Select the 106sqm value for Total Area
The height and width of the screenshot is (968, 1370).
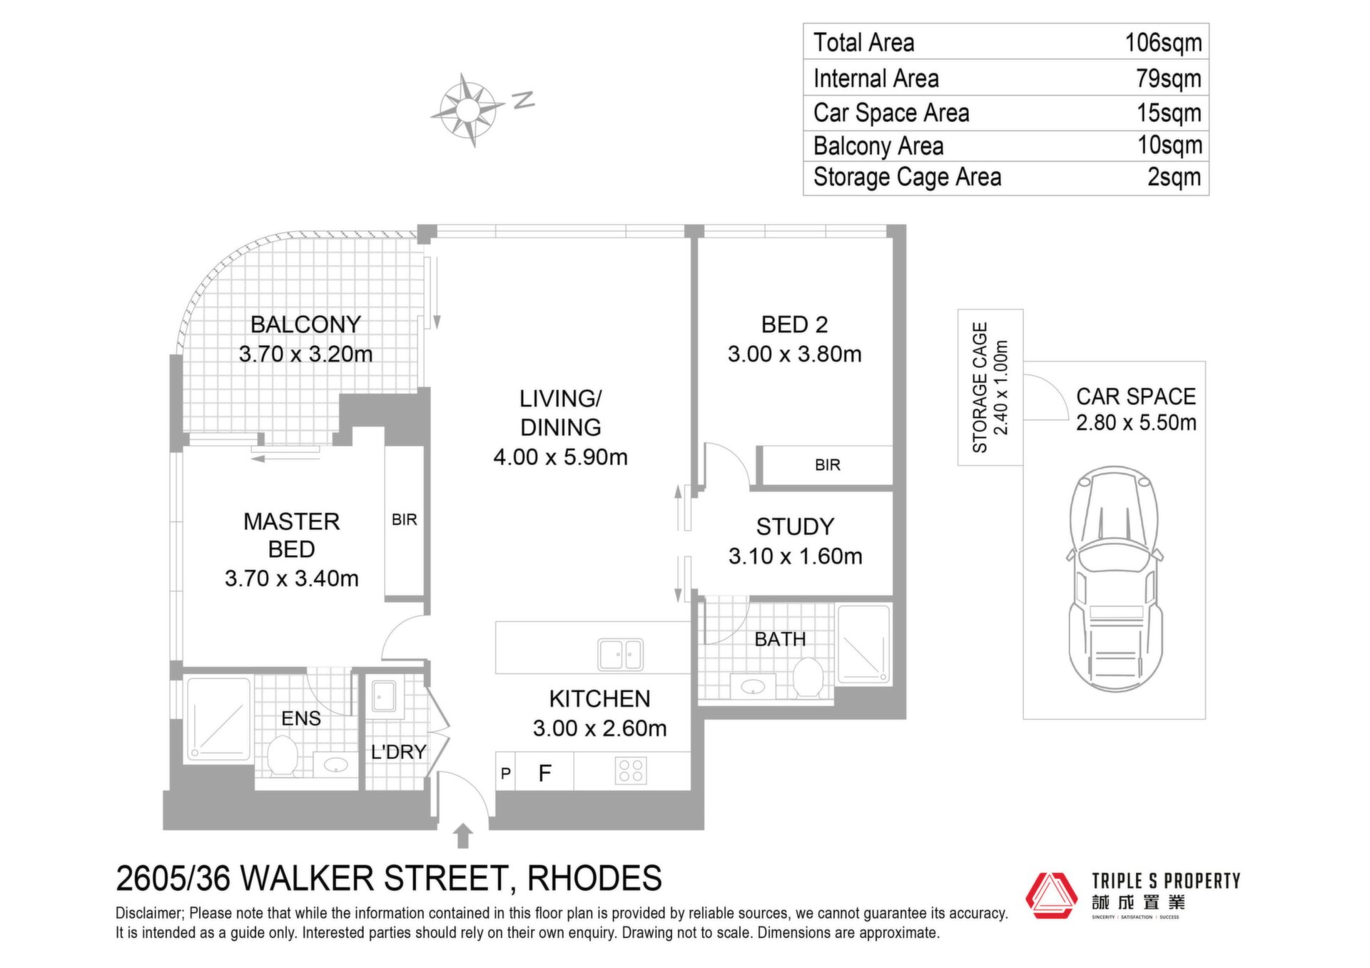coord(1163,43)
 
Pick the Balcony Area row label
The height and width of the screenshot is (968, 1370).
coord(878,146)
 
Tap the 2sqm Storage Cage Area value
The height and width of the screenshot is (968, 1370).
coord(1174,177)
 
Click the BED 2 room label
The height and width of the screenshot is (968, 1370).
coord(794,325)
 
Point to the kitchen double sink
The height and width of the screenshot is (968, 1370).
coord(620,654)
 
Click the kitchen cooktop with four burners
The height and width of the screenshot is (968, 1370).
coord(631,770)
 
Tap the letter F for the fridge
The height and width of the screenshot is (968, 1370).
coord(545,773)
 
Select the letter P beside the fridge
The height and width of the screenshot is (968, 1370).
coord(506,773)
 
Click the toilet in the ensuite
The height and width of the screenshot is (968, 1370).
coord(283,755)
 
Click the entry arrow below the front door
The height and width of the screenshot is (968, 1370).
coord(463,835)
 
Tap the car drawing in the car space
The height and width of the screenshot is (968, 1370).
coord(1114,579)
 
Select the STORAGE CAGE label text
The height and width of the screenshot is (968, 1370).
coord(980,387)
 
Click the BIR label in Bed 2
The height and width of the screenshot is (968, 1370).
coord(828,465)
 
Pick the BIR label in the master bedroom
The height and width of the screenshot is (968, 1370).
coord(405,520)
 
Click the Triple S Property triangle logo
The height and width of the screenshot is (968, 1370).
coord(1051,895)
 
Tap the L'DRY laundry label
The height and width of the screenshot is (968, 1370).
coord(398,752)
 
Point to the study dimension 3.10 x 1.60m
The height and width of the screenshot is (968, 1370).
coord(795,556)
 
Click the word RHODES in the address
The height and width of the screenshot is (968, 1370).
coord(594,879)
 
